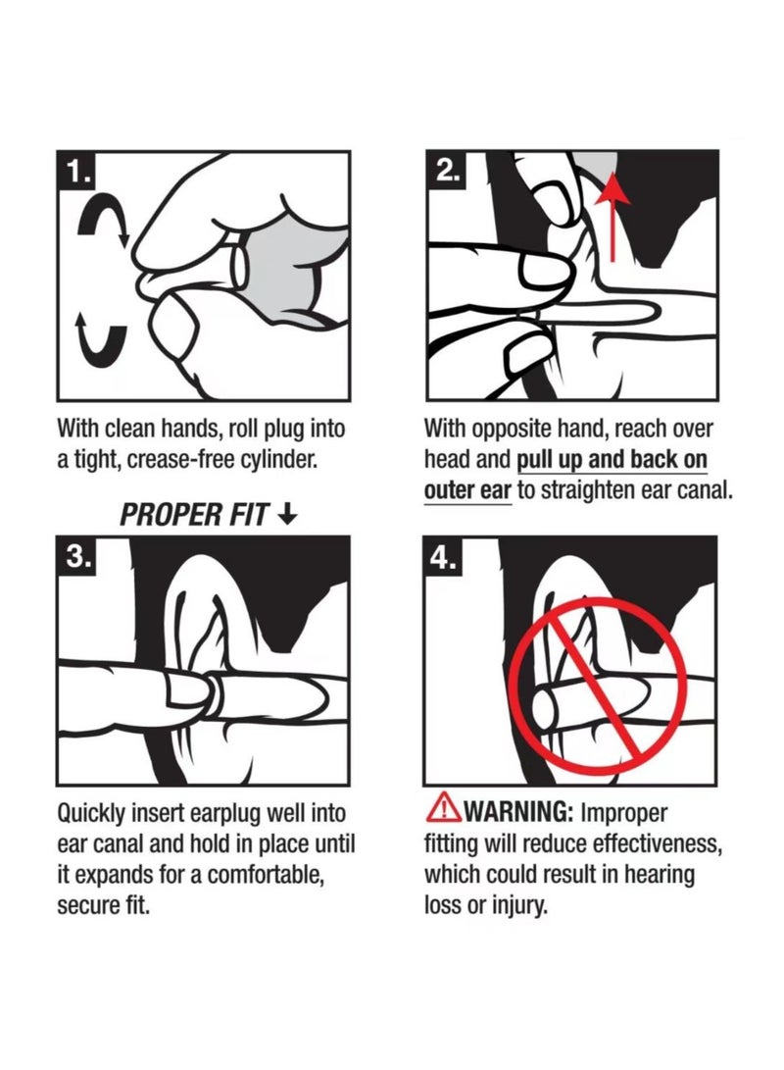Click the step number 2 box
point(446,171)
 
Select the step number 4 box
point(444,556)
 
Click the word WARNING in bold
point(518,812)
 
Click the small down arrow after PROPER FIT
point(288,515)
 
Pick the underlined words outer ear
point(467,490)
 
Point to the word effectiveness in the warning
point(658,844)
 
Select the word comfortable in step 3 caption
point(265,875)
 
